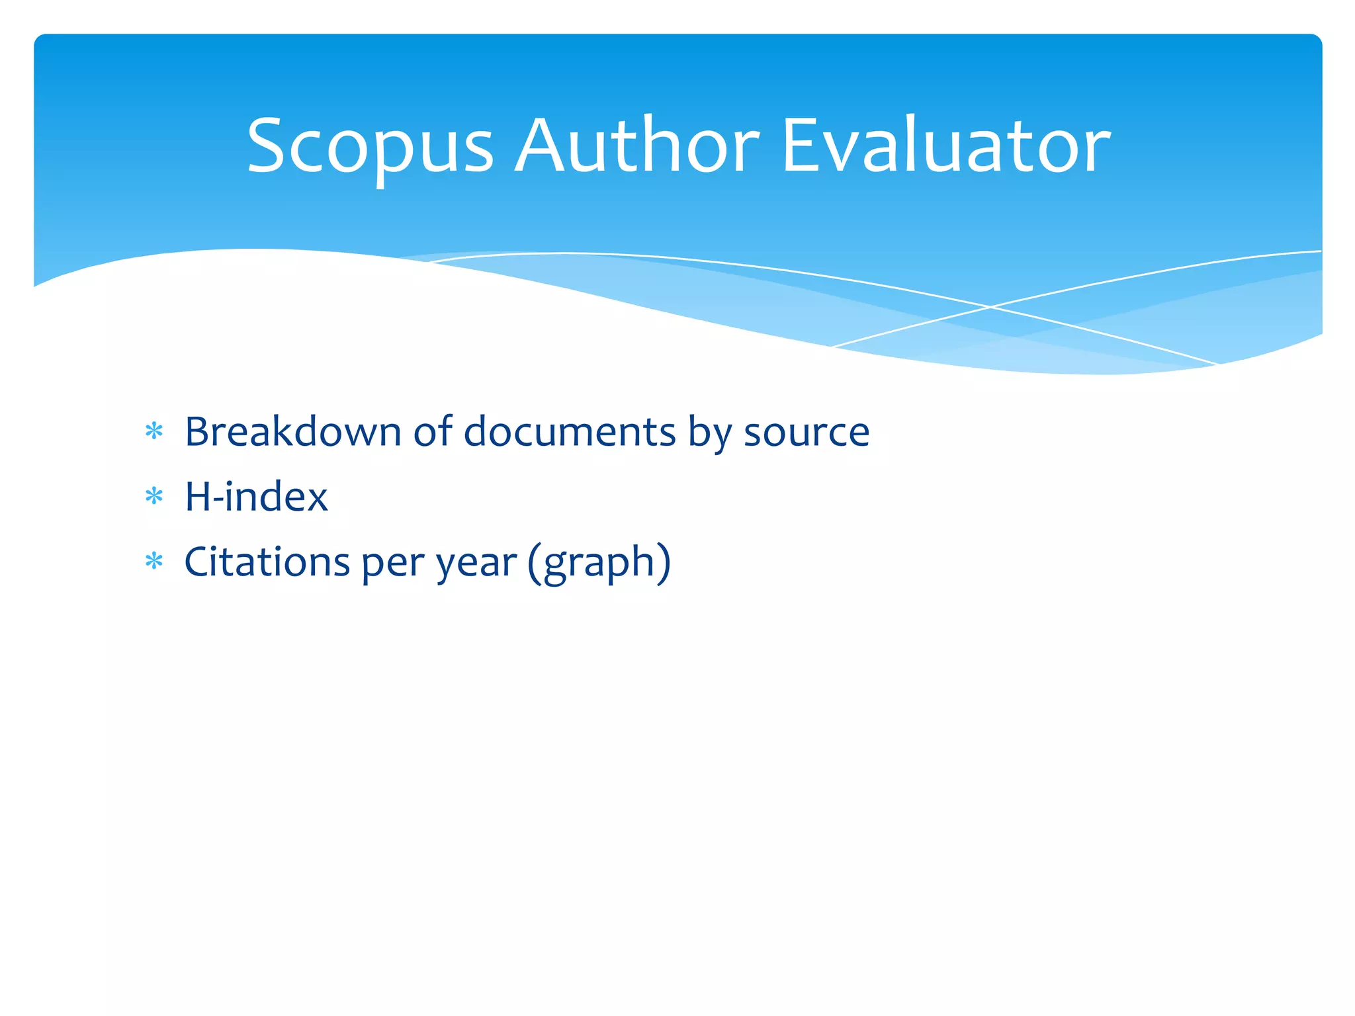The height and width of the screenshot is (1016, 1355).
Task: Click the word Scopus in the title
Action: click(x=371, y=147)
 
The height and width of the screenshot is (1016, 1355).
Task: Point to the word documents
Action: click(x=570, y=432)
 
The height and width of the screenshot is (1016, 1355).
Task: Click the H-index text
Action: click(x=256, y=497)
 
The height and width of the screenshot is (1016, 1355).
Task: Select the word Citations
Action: click(x=267, y=562)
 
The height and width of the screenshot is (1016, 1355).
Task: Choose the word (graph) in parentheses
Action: click(x=599, y=563)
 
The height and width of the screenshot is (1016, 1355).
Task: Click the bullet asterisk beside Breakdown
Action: click(x=154, y=432)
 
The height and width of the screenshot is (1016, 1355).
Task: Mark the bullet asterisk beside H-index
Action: click(x=154, y=496)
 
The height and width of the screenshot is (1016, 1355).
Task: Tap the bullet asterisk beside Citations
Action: click(x=154, y=562)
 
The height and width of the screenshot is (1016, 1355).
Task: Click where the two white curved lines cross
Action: click(x=990, y=307)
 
